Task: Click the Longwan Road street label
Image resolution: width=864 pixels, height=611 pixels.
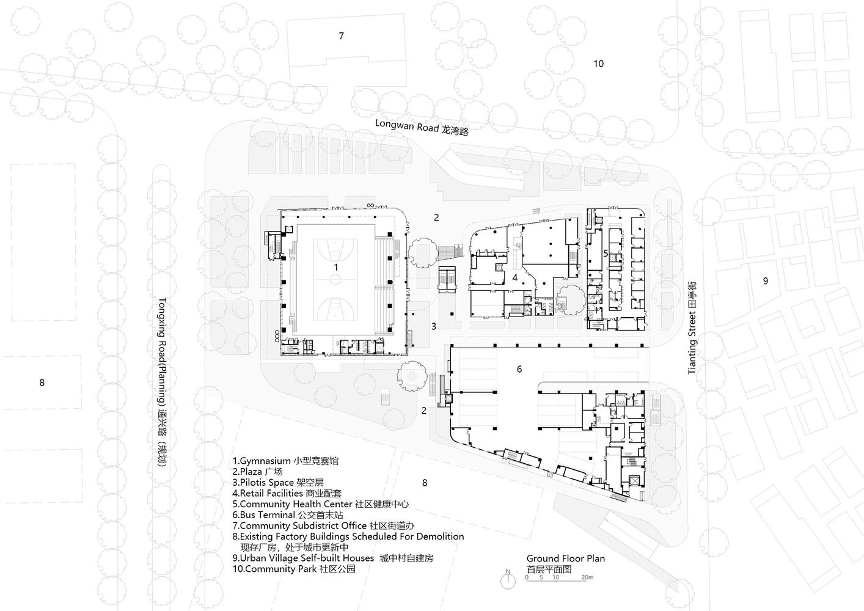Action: [422, 128]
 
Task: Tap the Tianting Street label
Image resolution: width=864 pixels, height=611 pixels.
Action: [692, 327]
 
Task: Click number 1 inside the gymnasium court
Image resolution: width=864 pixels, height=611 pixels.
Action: [336, 267]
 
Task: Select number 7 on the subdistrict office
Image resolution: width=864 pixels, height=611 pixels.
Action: [341, 36]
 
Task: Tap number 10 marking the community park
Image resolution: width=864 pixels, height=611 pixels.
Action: [598, 64]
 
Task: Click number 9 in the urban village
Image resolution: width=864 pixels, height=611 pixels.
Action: [766, 281]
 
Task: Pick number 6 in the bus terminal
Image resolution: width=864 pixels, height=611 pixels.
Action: [519, 369]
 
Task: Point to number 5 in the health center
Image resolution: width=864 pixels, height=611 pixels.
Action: [606, 254]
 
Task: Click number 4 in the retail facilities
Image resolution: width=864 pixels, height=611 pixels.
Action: [515, 277]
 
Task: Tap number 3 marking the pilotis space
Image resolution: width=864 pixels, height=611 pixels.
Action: [434, 326]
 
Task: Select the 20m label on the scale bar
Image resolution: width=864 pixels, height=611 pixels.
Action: [587, 577]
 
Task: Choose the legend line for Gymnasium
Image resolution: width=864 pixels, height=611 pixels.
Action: [285, 461]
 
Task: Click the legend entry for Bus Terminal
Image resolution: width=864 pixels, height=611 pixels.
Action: [288, 515]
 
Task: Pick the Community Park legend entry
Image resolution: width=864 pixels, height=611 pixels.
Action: [294, 569]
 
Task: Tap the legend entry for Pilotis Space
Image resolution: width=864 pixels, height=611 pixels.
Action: [278, 483]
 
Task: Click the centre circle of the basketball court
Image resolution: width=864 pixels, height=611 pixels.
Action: [335, 279]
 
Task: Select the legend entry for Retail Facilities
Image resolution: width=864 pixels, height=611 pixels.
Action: [287, 493]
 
